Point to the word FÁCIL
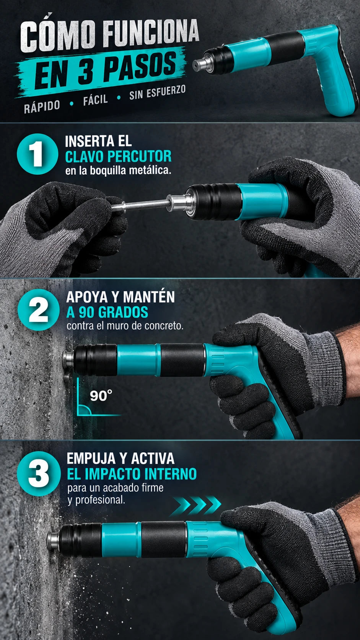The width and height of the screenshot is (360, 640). tap(95, 100)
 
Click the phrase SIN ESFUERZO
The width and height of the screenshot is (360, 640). tap(157, 92)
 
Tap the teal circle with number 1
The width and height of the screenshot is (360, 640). tap(37, 154)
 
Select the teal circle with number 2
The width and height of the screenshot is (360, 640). tap(39, 310)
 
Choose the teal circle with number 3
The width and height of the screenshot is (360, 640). tap(39, 473)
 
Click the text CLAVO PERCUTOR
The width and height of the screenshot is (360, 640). tap(118, 157)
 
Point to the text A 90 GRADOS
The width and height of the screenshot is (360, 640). tap(107, 312)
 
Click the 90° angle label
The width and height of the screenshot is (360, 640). tap(101, 396)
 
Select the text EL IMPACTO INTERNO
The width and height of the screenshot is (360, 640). tap(132, 474)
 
